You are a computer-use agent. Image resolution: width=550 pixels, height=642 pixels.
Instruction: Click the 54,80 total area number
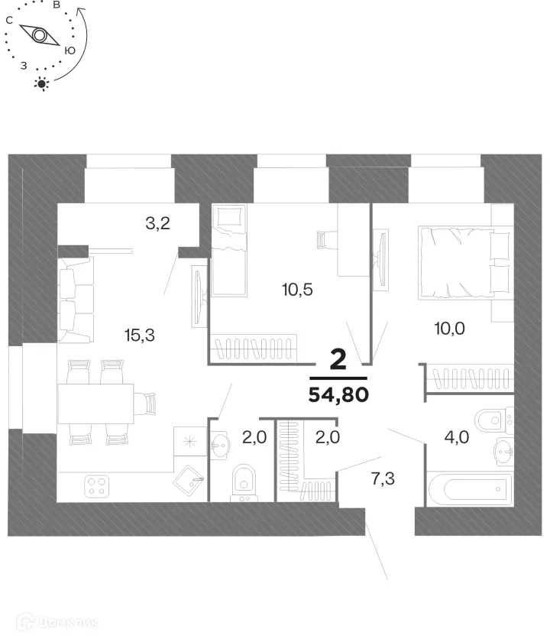(338, 395)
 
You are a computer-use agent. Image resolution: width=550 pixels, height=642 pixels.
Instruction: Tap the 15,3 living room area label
(140, 334)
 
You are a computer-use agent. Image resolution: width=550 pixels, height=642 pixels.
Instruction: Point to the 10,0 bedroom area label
(450, 329)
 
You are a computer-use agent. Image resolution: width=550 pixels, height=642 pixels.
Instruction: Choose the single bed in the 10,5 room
(229, 250)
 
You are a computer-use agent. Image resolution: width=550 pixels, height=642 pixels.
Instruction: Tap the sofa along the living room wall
(75, 300)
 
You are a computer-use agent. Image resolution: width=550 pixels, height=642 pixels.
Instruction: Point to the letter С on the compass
(8, 21)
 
